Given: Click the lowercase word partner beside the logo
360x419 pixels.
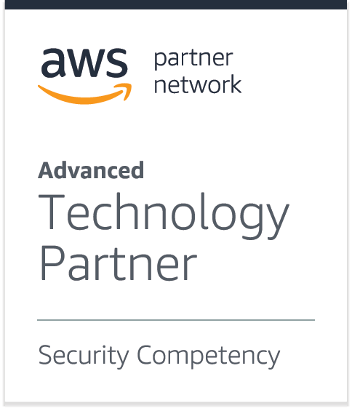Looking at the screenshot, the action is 193,60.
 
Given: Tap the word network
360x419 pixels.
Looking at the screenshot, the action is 198,84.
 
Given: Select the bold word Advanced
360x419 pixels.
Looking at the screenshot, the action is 91,170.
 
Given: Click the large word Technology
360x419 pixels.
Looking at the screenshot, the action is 164,215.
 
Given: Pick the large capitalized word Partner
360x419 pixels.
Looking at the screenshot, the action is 119,263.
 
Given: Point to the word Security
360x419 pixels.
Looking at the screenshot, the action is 84,356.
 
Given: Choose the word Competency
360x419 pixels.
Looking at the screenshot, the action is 209,356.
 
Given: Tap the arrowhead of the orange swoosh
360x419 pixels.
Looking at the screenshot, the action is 126,90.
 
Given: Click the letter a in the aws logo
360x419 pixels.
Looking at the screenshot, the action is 52,63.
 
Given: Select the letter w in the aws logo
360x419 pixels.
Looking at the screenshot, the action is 84,63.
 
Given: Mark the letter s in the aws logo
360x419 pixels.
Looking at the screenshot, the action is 116,63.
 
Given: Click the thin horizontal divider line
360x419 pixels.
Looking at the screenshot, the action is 176,319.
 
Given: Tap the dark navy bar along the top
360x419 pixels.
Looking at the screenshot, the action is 176,4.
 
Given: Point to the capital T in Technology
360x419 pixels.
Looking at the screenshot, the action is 52,212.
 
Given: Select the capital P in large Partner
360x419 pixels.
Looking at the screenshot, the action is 52,263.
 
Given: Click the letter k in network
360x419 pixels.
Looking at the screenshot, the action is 234,84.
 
